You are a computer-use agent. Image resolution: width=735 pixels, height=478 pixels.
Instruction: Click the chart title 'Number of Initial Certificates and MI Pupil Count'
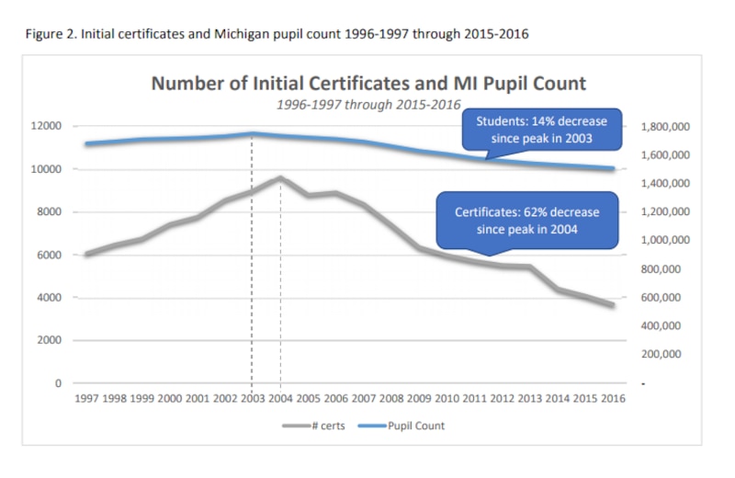click(367, 83)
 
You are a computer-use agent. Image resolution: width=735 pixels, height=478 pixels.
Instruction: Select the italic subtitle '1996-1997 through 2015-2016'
click(367, 104)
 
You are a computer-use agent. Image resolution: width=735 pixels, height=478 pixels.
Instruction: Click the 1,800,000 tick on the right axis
click(664, 126)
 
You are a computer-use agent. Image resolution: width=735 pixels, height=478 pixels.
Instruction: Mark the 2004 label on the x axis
click(279, 400)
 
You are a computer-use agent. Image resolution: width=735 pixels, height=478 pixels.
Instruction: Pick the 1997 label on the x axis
click(86, 400)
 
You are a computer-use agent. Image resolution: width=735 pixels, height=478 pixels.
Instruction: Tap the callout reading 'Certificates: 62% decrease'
click(526, 220)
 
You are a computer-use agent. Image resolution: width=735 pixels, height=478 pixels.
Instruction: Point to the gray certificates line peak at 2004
click(279, 177)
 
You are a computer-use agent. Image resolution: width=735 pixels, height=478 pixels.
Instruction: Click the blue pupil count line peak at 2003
click(252, 133)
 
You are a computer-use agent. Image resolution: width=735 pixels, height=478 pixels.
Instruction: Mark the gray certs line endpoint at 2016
click(611, 304)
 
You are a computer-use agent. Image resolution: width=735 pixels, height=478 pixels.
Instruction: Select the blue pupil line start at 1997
click(86, 143)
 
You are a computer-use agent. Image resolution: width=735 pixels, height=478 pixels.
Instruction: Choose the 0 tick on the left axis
click(58, 382)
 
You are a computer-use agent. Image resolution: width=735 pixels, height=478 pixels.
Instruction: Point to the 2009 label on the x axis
click(418, 400)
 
